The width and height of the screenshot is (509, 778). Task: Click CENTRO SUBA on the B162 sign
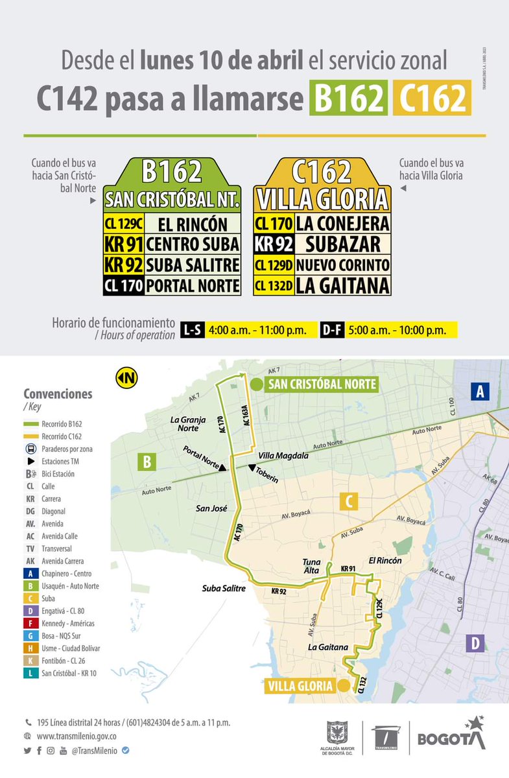point(192,244)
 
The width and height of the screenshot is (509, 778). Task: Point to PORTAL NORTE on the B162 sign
point(192,285)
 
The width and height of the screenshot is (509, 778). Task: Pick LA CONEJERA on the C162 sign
point(342,224)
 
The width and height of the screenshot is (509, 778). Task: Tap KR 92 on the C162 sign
point(273,244)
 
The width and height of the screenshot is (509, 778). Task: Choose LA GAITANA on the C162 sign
point(342,285)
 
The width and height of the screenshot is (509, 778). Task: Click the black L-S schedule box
point(192,329)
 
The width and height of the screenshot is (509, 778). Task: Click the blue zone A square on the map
point(480,391)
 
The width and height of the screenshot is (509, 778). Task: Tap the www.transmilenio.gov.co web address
point(77,737)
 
